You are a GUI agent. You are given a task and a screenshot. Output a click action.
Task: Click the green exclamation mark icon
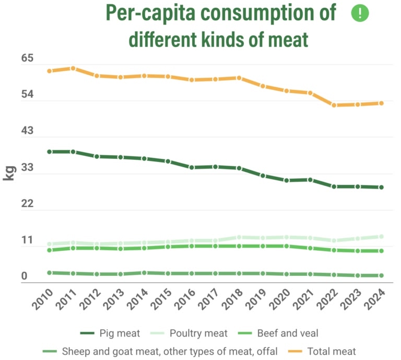(360, 14)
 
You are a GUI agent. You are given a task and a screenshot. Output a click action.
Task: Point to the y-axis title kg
(9, 172)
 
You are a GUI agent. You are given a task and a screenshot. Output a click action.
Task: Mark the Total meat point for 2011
(73, 68)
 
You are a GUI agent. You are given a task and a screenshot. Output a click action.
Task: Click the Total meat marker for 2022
(334, 105)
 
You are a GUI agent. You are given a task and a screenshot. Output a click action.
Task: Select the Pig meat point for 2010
(50, 152)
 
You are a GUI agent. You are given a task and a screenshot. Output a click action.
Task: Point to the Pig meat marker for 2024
(382, 187)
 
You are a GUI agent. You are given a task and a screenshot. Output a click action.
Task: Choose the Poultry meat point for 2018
(239, 237)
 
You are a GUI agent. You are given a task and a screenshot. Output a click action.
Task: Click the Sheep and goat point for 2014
(144, 273)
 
